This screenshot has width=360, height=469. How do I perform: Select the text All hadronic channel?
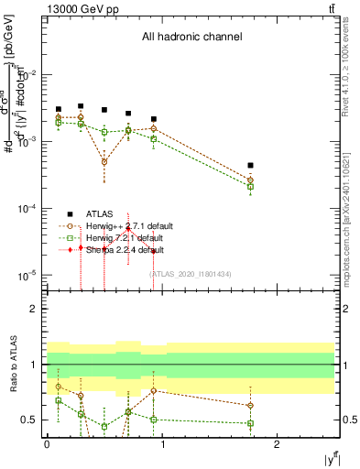point(191,38)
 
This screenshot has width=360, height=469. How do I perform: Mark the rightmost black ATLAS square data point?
point(250,166)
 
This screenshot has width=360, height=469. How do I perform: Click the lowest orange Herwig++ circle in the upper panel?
point(104,161)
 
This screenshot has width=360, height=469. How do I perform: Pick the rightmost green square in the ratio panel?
point(250,424)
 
